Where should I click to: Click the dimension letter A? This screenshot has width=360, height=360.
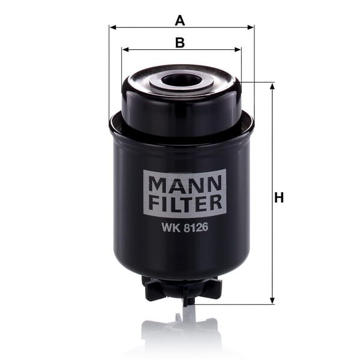pyautogui.click(x=180, y=20)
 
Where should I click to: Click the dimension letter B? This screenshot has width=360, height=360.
pyautogui.click(x=180, y=43)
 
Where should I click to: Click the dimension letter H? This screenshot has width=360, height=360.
pyautogui.click(x=279, y=197)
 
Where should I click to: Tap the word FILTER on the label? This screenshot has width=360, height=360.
pyautogui.click(x=185, y=203)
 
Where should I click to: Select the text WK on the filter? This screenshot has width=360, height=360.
pyautogui.click(x=171, y=227)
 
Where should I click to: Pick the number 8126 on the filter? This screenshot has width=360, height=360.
pyautogui.click(x=196, y=227)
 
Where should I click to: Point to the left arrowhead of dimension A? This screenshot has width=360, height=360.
pyautogui.click(x=113, y=28)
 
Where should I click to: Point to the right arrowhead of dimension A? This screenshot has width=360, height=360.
pyautogui.click(x=250, y=28)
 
